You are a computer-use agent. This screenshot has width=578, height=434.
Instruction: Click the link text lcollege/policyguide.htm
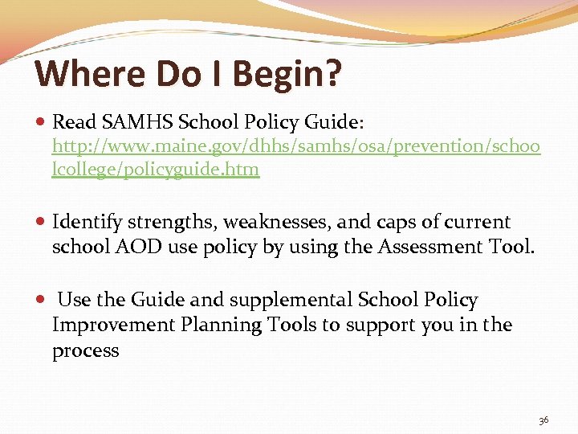pos(156,170)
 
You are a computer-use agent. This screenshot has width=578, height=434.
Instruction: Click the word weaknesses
pos(271,222)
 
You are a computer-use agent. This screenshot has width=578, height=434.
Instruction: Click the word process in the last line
pos(85,351)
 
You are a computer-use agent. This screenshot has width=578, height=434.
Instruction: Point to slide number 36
pos(543,420)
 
